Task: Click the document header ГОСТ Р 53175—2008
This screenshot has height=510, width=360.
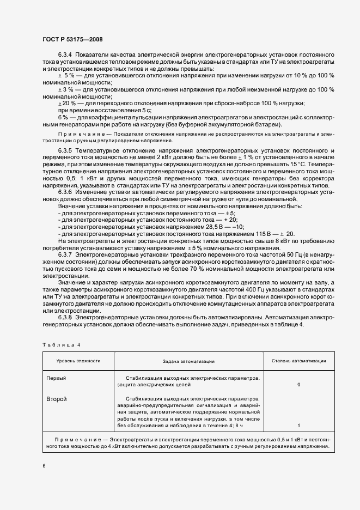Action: (x=72, y=39)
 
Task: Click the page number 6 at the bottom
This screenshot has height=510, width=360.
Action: (x=44, y=466)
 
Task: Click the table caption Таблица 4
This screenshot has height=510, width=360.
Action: (x=61, y=345)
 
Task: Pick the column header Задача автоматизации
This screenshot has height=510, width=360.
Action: (x=188, y=361)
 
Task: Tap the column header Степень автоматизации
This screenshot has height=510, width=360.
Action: (x=298, y=361)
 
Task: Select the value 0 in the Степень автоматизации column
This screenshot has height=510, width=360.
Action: (x=298, y=385)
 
